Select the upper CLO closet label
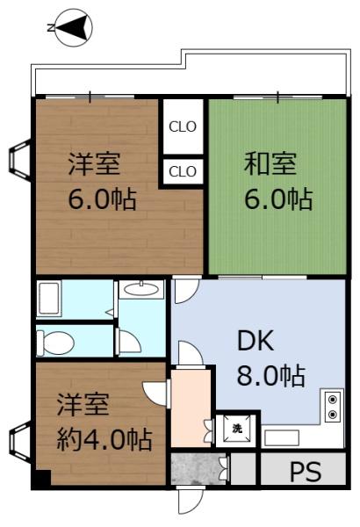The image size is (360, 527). click(183, 126)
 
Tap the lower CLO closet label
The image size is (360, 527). click(183, 170)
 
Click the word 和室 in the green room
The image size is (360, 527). click(270, 162)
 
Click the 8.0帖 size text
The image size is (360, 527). click(270, 376)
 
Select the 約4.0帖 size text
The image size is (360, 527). click(104, 437)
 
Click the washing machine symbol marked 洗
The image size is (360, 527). click(236, 429)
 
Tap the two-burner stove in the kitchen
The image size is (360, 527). click(333, 407)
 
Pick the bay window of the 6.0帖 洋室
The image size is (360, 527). click(18, 162)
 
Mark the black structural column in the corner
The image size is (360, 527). click(40, 481)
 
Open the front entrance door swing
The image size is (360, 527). click(189, 501)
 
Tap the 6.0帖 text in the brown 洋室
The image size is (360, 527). click(102, 199)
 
